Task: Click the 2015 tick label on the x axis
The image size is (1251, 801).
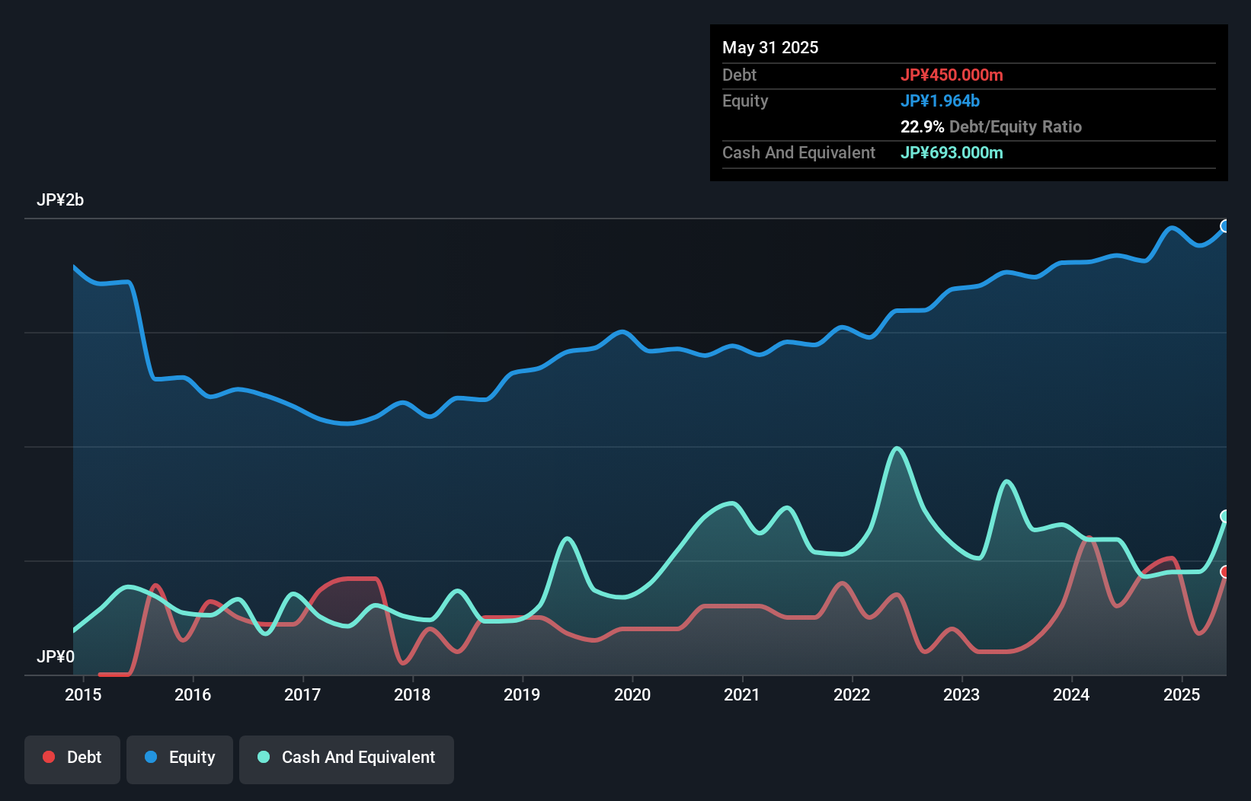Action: click(83, 694)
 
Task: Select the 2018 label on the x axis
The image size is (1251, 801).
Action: click(412, 694)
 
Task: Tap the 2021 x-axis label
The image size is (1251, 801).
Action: click(741, 694)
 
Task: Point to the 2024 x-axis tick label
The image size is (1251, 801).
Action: click(1070, 694)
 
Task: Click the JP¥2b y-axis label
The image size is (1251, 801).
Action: click(60, 200)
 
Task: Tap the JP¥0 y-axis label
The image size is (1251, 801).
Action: click(56, 656)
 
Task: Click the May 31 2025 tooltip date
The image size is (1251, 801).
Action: click(770, 47)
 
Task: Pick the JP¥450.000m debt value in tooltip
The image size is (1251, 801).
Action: click(952, 75)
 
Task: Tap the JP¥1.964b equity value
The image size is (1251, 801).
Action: click(939, 101)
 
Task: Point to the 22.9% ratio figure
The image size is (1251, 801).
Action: click(922, 126)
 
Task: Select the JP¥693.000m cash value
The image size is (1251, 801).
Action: click(952, 152)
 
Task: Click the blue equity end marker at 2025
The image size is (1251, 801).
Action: click(1225, 226)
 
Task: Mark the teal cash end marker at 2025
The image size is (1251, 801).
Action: click(1225, 516)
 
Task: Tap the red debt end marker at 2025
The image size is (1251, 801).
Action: click(1225, 572)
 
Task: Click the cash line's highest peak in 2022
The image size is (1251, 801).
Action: click(897, 448)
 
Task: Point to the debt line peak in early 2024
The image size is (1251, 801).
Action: click(1089, 538)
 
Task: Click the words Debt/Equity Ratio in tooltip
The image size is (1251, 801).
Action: click(1015, 126)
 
